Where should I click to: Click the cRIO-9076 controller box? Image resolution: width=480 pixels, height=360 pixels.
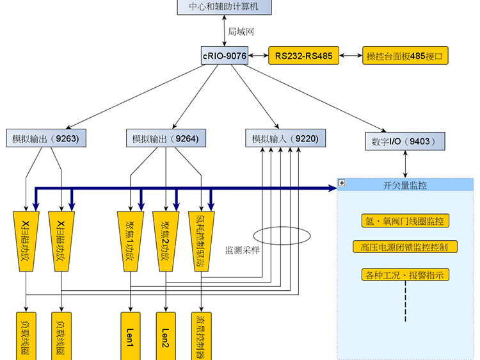coord(225,56)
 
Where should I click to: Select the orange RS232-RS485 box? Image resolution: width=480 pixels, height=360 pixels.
coord(304,56)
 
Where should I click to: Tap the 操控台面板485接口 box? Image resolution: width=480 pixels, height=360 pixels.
coord(405,56)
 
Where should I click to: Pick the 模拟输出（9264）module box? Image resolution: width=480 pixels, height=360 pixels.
coord(165,138)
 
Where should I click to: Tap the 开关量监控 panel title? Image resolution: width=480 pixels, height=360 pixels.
coord(405,185)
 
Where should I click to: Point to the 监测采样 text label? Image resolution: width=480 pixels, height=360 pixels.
coord(242,250)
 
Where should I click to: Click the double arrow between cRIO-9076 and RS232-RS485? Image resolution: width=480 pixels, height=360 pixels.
coord(258,56)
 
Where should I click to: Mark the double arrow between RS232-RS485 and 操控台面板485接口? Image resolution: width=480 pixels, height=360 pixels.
coord(350,56)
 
